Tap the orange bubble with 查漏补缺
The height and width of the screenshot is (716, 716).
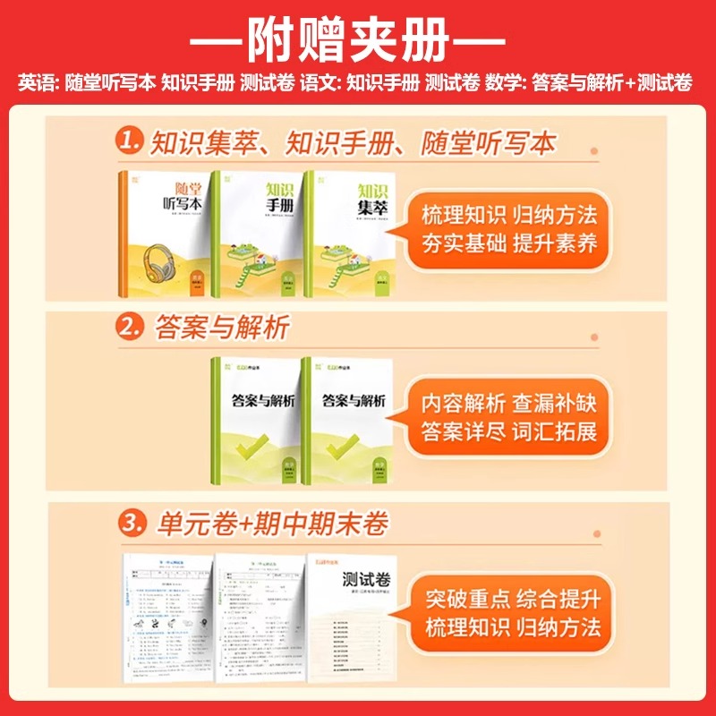507,417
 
